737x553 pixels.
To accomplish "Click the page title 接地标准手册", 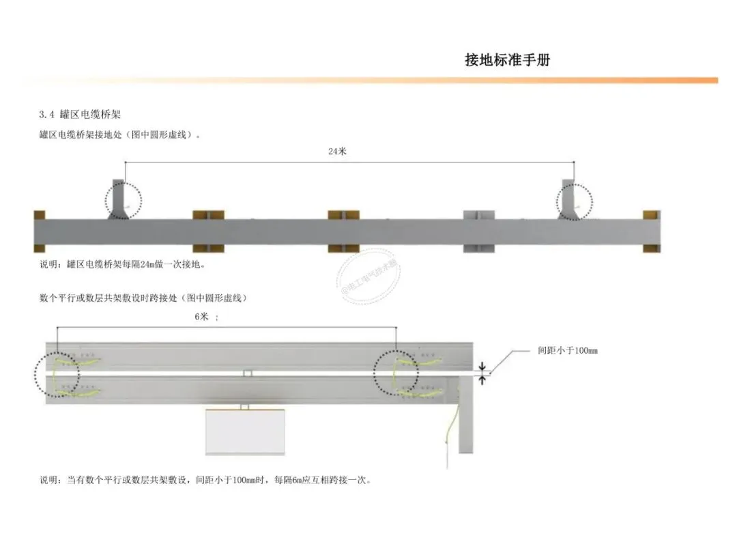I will [x=507, y=60].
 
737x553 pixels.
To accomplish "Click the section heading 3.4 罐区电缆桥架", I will [x=80, y=113].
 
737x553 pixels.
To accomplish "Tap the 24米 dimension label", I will [x=337, y=152].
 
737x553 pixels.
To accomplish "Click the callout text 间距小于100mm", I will [x=567, y=351].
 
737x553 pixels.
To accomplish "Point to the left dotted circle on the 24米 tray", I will [x=124, y=200].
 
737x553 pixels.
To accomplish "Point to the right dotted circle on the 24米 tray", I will [x=574, y=201].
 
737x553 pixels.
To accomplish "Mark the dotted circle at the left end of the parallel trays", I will [x=57, y=374].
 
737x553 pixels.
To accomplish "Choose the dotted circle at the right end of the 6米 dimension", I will [x=396, y=373].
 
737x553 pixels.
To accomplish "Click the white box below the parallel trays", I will [x=245, y=431].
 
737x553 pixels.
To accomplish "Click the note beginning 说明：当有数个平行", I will [x=205, y=480].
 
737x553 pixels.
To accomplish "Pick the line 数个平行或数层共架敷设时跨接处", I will [x=143, y=298].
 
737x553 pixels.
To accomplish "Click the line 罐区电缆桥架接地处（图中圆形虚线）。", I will [x=120, y=135].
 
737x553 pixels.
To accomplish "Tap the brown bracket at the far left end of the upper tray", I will [x=39, y=231].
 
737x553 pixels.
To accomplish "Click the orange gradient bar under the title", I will [x=369, y=81].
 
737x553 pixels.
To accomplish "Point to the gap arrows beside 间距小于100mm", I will [x=483, y=372].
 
